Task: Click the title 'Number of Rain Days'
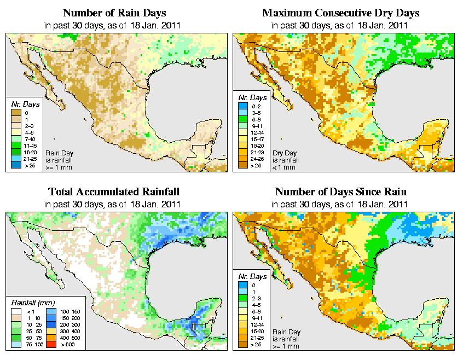[114, 13]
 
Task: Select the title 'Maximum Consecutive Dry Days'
[341, 13]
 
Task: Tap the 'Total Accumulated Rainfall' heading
[114, 192]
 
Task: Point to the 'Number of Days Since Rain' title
[341, 192]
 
